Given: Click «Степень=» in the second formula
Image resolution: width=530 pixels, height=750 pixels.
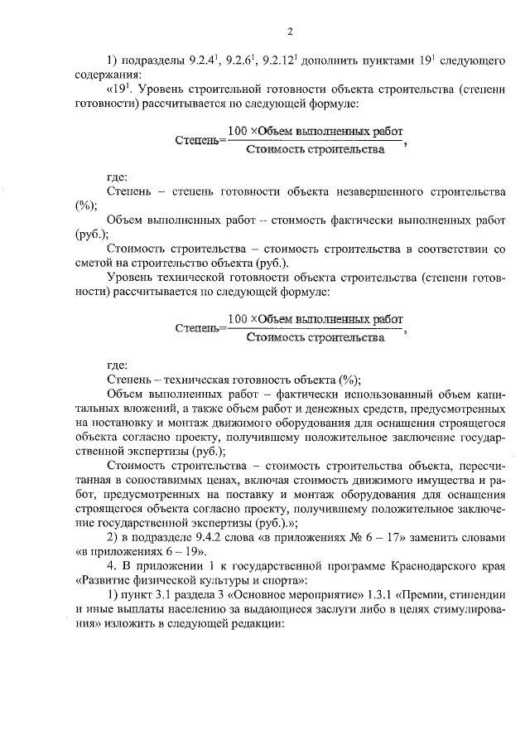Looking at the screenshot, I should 197,328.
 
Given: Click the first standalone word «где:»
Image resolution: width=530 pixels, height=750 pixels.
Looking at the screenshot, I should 118,177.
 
